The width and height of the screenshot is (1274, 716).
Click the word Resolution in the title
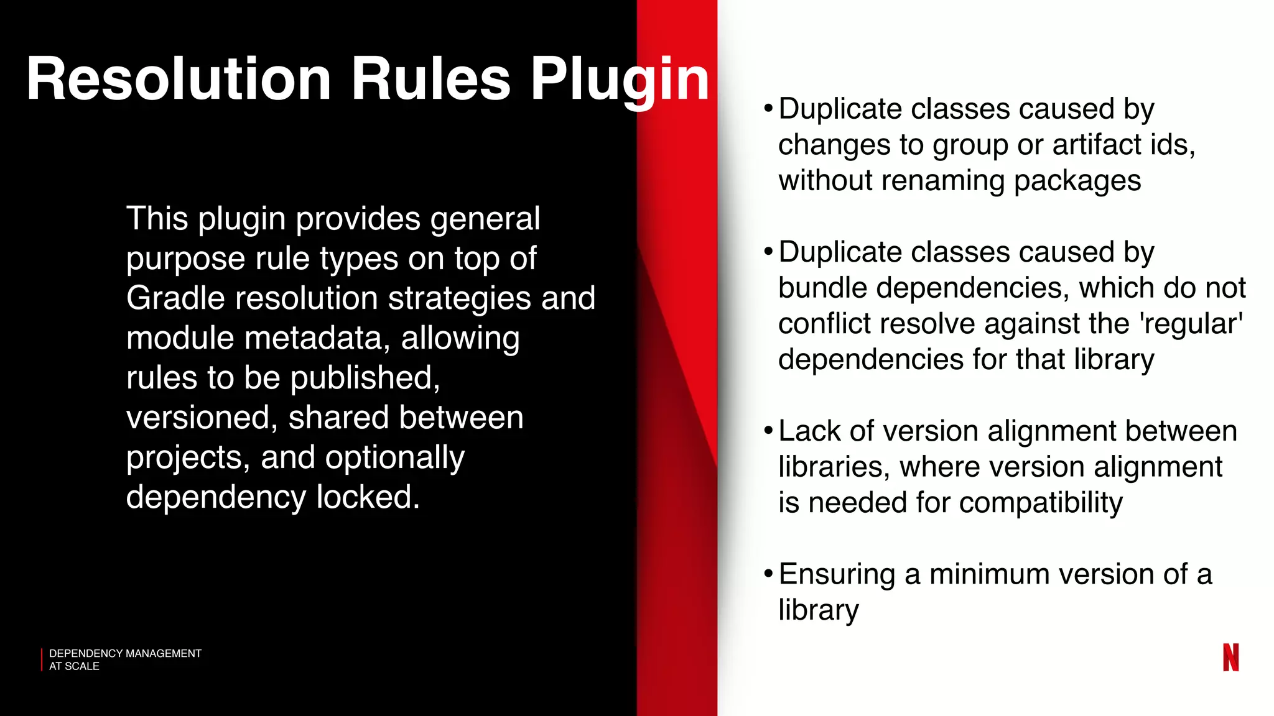(179, 80)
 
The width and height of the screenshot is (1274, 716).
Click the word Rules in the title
(430, 80)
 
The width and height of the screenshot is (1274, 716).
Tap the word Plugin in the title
(620, 80)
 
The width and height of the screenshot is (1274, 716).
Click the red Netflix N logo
(1230, 657)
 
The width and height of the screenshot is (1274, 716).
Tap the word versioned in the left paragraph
(201, 418)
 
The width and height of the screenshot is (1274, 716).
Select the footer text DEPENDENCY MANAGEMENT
(125, 653)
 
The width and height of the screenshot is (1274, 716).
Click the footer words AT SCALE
(74, 666)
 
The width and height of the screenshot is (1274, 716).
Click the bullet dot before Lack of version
(768, 430)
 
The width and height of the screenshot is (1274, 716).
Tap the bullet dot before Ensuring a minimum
(768, 573)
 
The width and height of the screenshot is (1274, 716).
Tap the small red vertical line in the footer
(42, 659)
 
